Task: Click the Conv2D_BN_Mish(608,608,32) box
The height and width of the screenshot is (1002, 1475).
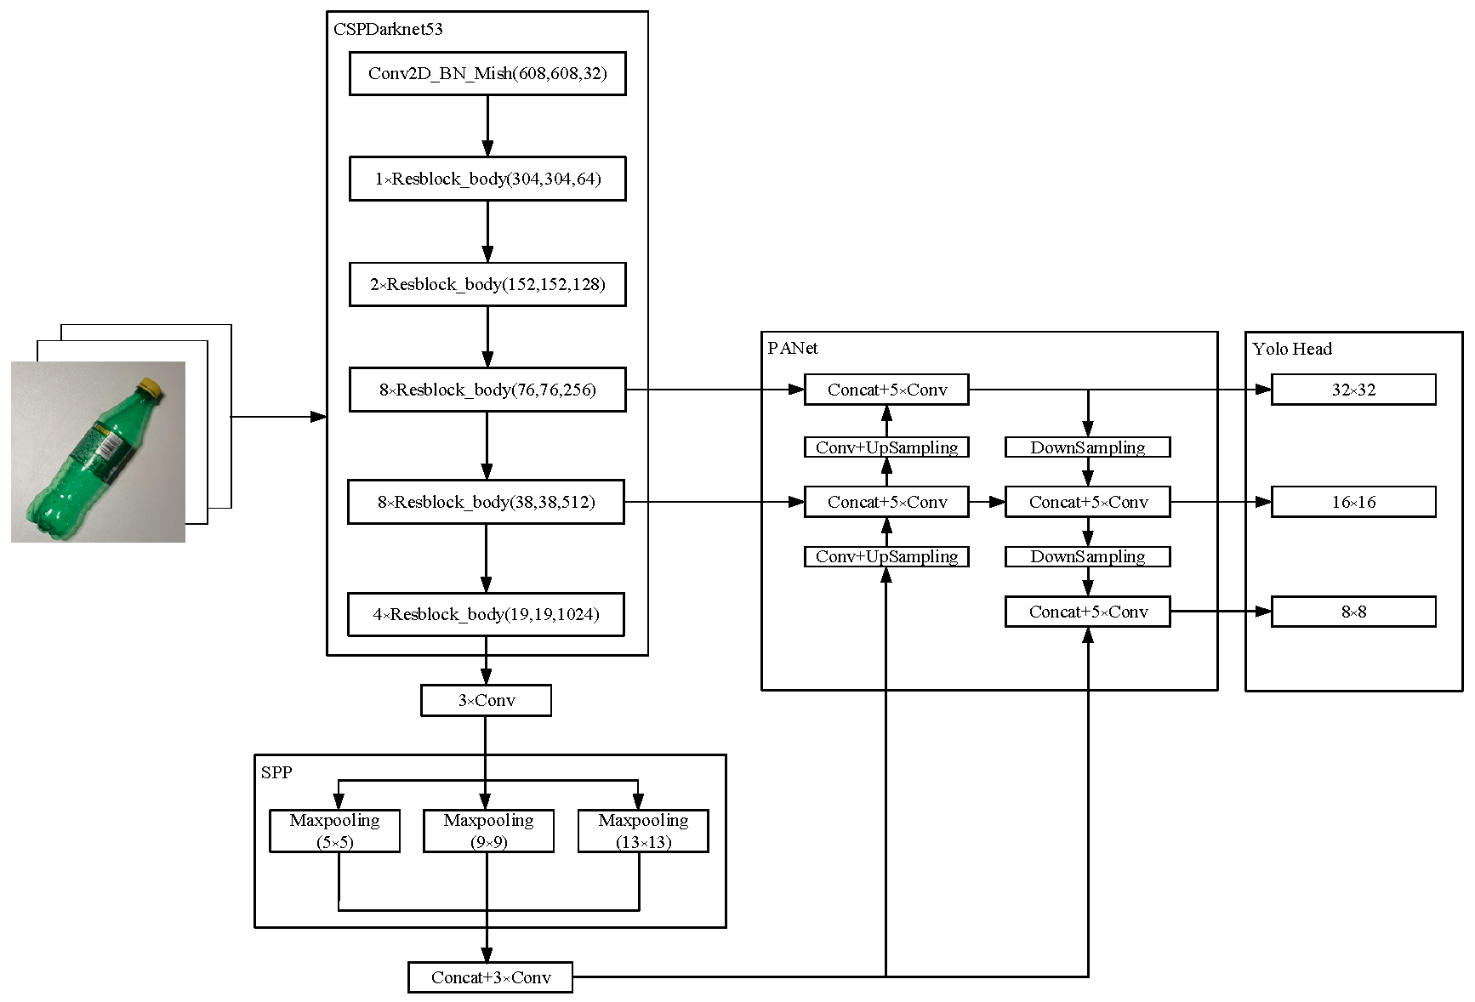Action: (x=487, y=73)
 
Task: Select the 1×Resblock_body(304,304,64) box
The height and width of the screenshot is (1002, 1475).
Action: (x=487, y=179)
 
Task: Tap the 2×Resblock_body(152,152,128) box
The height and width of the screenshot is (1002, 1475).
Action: (x=487, y=284)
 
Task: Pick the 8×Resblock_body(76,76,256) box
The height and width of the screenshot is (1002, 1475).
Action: (x=487, y=390)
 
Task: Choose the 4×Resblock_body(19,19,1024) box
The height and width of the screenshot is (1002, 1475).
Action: (x=486, y=614)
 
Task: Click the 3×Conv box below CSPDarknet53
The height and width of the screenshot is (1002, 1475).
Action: (x=486, y=701)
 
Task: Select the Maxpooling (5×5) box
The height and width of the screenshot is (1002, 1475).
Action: (x=334, y=831)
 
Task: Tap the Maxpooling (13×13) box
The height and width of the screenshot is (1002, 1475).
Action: (x=643, y=831)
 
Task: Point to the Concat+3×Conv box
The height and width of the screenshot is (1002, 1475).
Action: (x=490, y=977)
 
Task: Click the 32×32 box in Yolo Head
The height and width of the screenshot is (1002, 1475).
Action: (x=1353, y=390)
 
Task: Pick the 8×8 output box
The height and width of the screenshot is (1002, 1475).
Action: (x=1353, y=612)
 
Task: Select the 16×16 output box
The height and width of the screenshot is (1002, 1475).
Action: (x=1353, y=502)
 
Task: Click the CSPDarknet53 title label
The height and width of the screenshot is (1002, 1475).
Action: (x=388, y=29)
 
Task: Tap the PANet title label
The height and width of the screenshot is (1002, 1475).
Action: (x=793, y=348)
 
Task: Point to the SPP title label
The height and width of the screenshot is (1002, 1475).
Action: (x=276, y=772)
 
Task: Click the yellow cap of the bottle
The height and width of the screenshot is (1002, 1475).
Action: (x=151, y=387)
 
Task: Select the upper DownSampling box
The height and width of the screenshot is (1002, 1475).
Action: (x=1087, y=447)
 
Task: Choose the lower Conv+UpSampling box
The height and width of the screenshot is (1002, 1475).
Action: (x=886, y=556)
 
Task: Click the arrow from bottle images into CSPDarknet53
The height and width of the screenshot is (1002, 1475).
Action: (x=279, y=417)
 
